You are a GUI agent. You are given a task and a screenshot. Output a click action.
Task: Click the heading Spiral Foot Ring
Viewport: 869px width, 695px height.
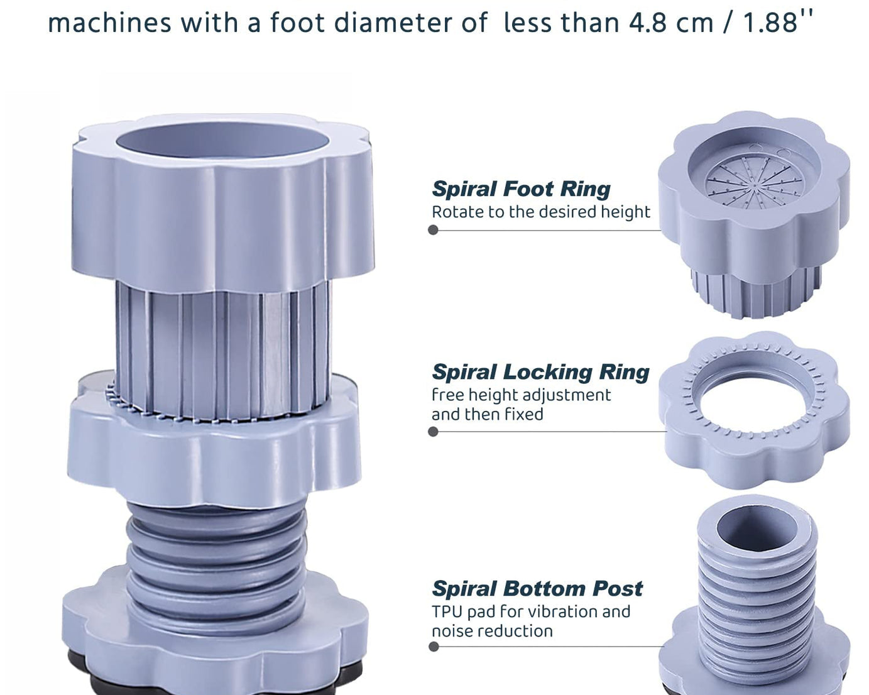[521, 189]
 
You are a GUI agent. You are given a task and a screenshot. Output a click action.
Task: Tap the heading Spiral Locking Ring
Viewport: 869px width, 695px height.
[540, 372]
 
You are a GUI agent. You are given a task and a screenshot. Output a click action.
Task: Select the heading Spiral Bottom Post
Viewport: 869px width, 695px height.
[537, 588]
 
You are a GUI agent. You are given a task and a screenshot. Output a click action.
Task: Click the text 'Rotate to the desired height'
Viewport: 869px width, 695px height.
[541, 212]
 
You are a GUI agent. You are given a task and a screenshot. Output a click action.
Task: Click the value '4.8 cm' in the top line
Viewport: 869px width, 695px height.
[671, 22]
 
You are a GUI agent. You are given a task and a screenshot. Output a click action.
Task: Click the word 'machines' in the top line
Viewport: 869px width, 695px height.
[110, 22]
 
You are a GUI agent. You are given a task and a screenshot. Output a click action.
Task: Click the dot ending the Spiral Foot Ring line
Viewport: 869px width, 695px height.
[433, 230]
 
